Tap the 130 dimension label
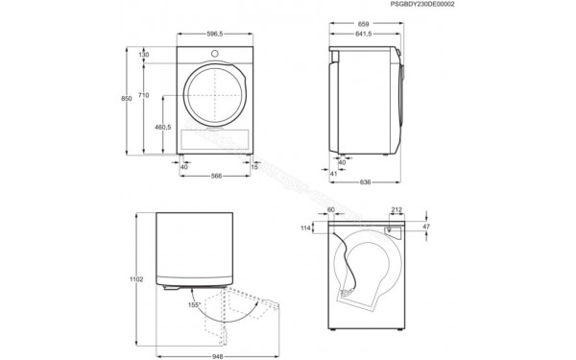click(144, 55)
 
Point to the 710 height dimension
click(144, 96)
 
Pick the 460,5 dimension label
click(162, 126)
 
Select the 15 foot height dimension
click(254, 166)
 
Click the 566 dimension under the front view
click(216, 176)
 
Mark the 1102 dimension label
click(137, 279)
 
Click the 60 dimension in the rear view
click(331, 208)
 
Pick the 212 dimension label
click(396, 208)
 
